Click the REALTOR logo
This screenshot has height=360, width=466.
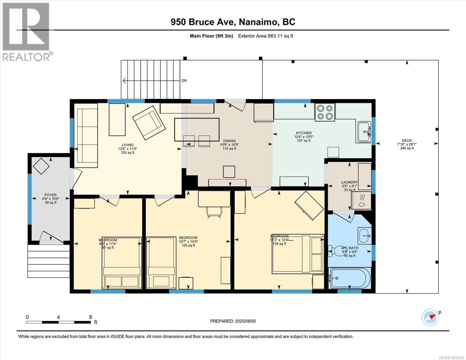coord(26,31)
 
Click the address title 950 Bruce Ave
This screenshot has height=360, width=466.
coord(233,22)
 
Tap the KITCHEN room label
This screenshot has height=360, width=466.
coord(304,133)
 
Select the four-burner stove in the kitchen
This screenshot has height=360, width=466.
coord(325,112)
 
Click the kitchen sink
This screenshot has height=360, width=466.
coord(364,132)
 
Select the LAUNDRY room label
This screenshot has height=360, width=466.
coord(349,182)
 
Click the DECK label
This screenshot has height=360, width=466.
coord(407,140)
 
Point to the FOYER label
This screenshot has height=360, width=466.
coord(50,195)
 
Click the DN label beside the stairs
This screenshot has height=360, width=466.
coord(184,81)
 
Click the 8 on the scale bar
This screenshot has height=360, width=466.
coord(91,317)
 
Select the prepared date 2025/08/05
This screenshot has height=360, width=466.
coord(233,321)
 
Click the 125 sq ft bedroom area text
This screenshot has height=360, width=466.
coord(188,245)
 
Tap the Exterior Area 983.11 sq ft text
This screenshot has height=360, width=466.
coord(265,36)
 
